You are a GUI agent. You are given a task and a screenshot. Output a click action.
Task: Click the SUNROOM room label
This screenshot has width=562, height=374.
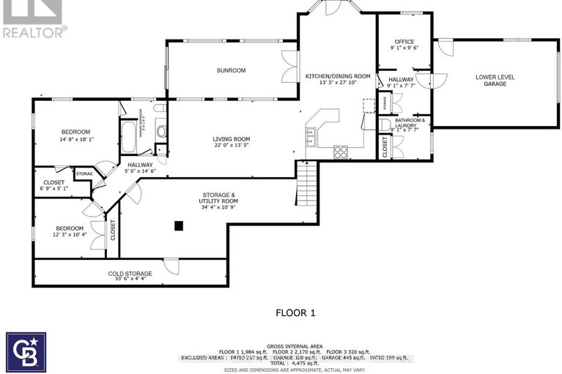230,70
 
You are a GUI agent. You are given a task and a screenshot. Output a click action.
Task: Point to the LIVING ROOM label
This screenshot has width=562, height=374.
232,139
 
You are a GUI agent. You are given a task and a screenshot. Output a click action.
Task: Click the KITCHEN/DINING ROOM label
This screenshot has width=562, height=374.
337,76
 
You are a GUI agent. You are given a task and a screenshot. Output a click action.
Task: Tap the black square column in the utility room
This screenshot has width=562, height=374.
178,226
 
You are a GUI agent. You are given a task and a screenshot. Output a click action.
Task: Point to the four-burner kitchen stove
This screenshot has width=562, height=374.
341,152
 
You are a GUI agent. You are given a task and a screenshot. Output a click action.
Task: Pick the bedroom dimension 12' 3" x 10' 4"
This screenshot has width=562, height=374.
69,234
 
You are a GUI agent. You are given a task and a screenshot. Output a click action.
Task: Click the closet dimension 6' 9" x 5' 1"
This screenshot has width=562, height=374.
53,188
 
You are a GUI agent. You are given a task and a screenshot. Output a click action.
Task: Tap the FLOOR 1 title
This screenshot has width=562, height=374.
295,313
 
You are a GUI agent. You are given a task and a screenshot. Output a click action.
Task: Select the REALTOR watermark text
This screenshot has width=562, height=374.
34,31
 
